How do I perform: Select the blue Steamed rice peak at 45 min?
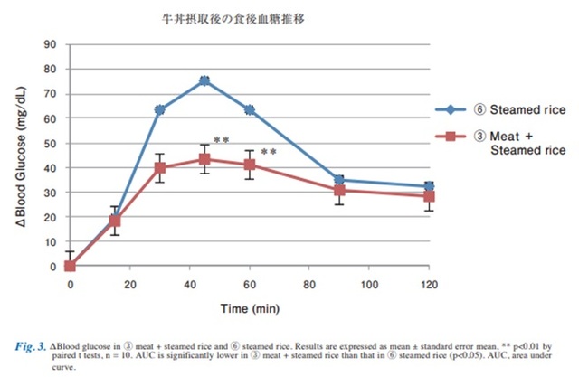point(204,80)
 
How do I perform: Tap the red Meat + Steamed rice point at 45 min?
point(204,159)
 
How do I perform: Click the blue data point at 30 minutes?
point(159,109)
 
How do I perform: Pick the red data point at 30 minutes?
point(159,167)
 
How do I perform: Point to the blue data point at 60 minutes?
point(249,109)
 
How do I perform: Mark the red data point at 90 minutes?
point(338,190)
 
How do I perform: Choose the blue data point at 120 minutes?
point(428,186)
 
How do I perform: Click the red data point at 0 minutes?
point(70,266)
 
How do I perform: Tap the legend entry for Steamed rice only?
point(503,109)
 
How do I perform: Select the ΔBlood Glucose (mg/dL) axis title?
point(23,154)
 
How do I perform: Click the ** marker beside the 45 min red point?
point(222,140)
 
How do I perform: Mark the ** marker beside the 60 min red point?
point(269,152)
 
